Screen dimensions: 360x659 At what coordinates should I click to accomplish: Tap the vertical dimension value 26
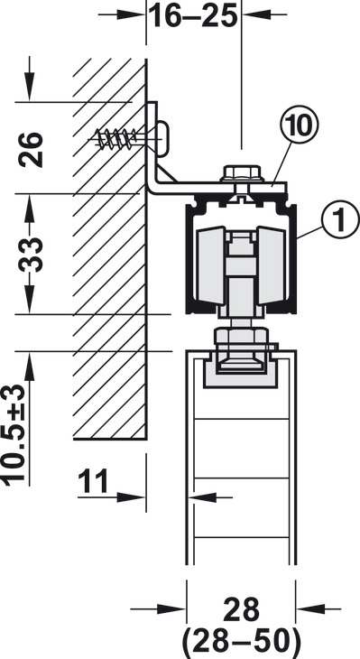(x=32, y=150)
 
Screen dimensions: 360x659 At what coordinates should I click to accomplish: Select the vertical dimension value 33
(x=32, y=255)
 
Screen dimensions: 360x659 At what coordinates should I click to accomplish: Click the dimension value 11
(x=93, y=481)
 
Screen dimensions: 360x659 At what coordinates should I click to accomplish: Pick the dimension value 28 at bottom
(x=241, y=610)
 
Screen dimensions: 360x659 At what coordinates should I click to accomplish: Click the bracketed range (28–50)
(x=241, y=642)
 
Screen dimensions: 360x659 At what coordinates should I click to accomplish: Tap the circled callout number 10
(x=300, y=126)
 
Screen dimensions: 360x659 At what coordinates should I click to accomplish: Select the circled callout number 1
(x=341, y=218)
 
